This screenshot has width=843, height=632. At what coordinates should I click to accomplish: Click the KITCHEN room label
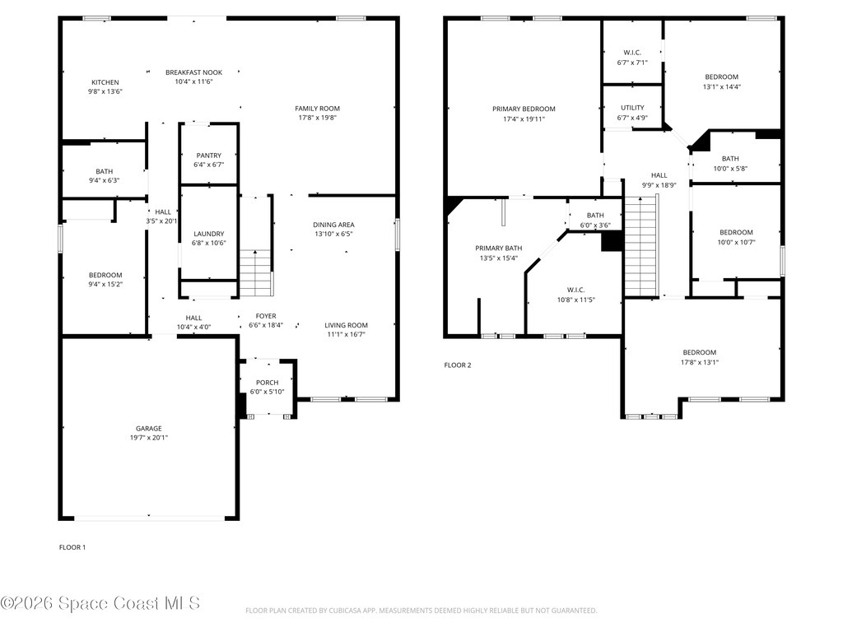105,82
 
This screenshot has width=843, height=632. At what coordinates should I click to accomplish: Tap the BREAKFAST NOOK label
193,72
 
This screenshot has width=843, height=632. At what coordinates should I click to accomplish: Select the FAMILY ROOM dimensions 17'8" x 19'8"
317,118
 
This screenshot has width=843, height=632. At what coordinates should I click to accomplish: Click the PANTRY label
208,156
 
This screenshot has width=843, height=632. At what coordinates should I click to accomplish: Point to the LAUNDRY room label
208,234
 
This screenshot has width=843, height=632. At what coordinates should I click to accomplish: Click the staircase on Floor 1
256,272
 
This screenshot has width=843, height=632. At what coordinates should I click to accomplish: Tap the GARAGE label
148,428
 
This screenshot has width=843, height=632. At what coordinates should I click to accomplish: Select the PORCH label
267,383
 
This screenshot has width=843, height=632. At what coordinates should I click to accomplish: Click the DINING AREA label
333,225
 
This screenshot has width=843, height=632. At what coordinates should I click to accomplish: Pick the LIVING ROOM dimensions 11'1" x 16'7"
345,334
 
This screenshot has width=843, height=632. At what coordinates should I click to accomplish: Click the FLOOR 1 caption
72,547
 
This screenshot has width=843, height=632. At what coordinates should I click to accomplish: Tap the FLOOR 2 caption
458,365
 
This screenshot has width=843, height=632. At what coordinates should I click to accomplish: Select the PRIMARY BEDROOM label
524,109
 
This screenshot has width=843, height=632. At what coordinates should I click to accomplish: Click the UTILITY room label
632,108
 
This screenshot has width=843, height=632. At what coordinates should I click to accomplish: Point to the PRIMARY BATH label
498,248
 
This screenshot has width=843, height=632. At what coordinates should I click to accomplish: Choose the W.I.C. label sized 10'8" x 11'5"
575,300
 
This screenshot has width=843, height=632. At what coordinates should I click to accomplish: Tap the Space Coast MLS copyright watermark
100,603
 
